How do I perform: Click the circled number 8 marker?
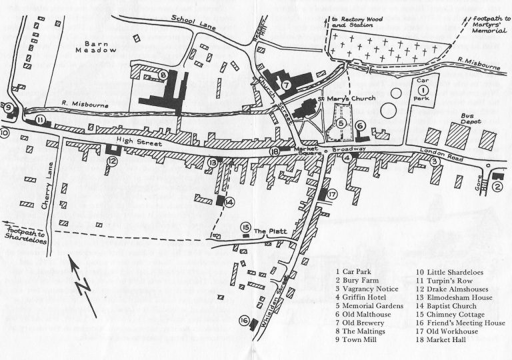click(163, 75)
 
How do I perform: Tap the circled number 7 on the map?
click(285, 85)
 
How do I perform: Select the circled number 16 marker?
click(244, 321)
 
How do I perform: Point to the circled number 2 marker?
click(497, 187)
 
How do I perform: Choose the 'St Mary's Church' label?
click(355, 99)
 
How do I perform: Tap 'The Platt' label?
click(269, 231)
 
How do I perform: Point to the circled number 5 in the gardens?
click(341, 122)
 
